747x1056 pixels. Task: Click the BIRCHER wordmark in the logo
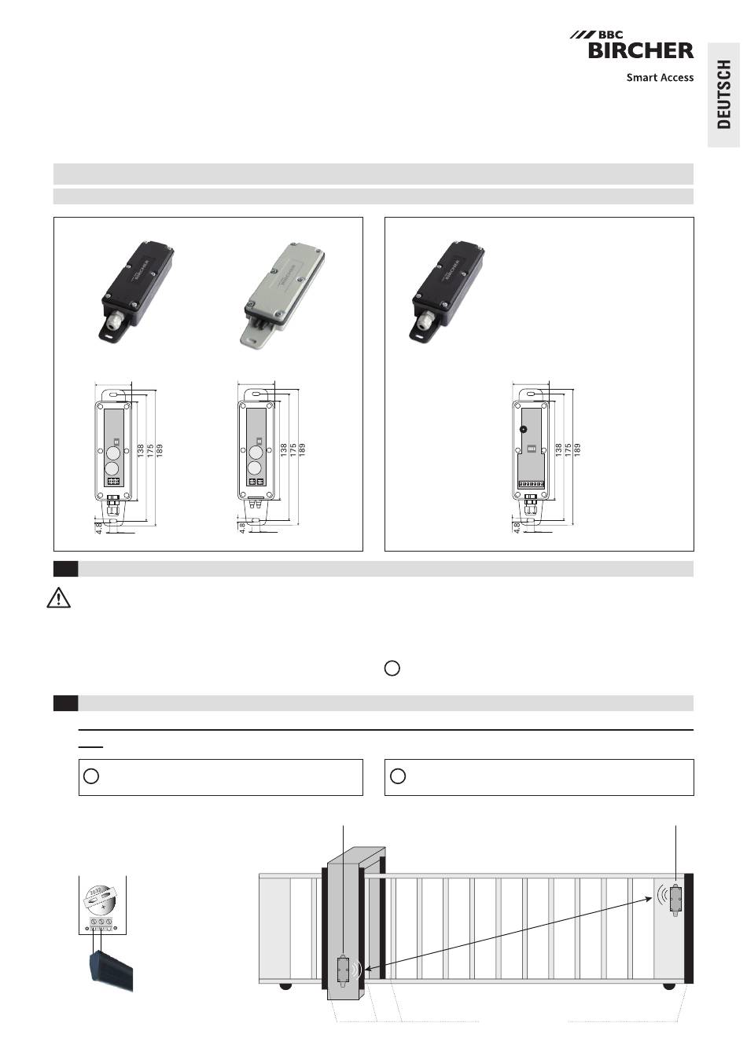pos(641,50)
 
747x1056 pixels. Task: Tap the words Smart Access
pos(660,77)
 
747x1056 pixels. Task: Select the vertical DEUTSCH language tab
pos(723,94)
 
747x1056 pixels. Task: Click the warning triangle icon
pos(59,598)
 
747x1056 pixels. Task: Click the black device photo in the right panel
pos(447,291)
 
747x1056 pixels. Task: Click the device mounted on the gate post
pos(344,971)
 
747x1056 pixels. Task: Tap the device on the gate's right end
pos(676,900)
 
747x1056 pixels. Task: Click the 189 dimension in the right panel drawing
pos(577,449)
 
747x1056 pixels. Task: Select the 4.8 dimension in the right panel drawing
pos(517,527)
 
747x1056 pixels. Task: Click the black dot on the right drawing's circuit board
pos(524,429)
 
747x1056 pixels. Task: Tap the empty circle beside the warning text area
pos(392,668)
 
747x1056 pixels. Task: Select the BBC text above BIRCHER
pos(611,35)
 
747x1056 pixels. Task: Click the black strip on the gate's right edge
pos(689,928)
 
